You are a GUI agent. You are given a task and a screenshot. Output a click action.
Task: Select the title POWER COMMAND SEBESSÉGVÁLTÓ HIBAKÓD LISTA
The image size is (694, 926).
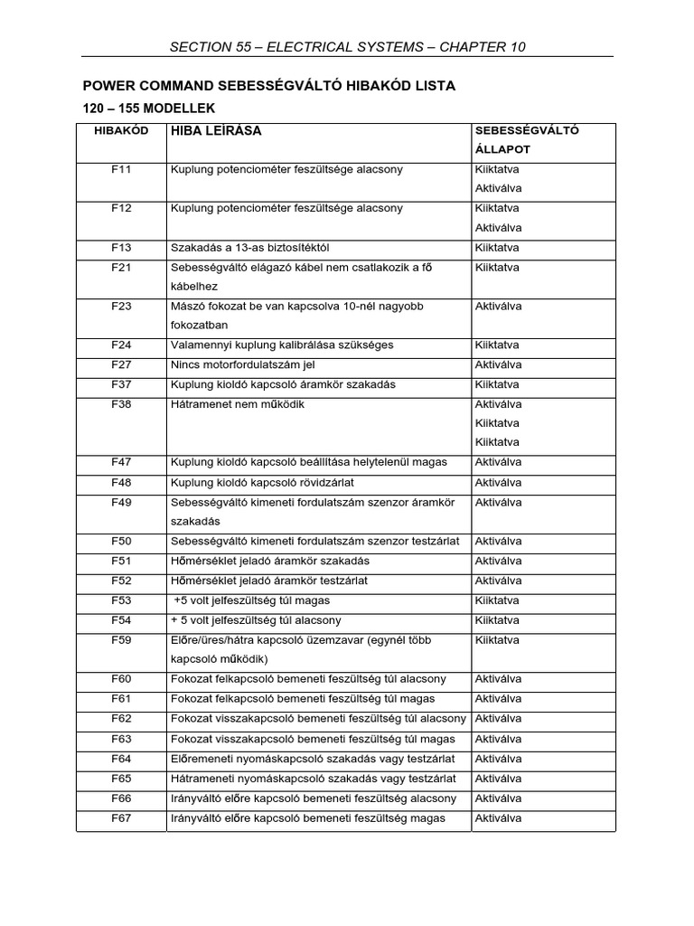[269, 86]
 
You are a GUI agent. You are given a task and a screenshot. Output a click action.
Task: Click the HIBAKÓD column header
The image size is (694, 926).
[121, 131]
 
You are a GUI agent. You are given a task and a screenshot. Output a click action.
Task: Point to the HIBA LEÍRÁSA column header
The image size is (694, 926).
[216, 131]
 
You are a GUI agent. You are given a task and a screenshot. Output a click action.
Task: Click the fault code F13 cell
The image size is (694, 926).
[121, 248]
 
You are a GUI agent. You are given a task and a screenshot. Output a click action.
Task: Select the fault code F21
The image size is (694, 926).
[121, 268]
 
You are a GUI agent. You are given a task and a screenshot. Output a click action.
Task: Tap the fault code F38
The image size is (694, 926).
[121, 404]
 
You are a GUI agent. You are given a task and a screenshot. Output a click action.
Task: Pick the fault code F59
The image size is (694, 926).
[121, 640]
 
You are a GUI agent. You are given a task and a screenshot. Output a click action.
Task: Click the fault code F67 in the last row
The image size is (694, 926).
[121, 818]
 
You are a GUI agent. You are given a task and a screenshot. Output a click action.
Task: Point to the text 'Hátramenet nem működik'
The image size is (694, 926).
[238, 404]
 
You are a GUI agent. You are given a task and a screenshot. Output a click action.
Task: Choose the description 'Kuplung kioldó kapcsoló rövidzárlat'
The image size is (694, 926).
[268, 483]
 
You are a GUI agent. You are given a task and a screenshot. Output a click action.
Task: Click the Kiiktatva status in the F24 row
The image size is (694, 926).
[497, 345]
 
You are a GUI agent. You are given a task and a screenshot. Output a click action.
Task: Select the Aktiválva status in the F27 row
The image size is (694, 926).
[498, 365]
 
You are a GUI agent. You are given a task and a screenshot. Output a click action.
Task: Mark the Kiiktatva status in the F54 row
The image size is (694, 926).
[497, 620]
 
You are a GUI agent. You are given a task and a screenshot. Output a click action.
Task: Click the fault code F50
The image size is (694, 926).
[121, 542]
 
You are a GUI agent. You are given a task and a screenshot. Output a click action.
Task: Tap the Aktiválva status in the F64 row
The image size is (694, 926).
[498, 759]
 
